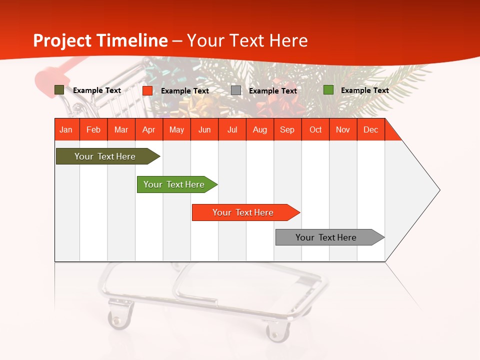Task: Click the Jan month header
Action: click(x=66, y=129)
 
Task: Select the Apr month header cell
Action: click(x=149, y=129)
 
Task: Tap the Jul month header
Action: click(x=232, y=129)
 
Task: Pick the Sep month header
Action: click(x=287, y=129)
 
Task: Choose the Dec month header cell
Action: click(x=370, y=129)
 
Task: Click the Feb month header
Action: click(x=93, y=129)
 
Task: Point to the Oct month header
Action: click(x=315, y=129)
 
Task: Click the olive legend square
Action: click(x=59, y=90)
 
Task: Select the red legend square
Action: click(x=147, y=90)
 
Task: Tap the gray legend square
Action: click(x=236, y=90)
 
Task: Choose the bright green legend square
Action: click(x=328, y=90)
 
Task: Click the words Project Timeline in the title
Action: click(x=100, y=40)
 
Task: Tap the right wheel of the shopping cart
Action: click(x=277, y=331)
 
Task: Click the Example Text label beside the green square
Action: click(x=364, y=90)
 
